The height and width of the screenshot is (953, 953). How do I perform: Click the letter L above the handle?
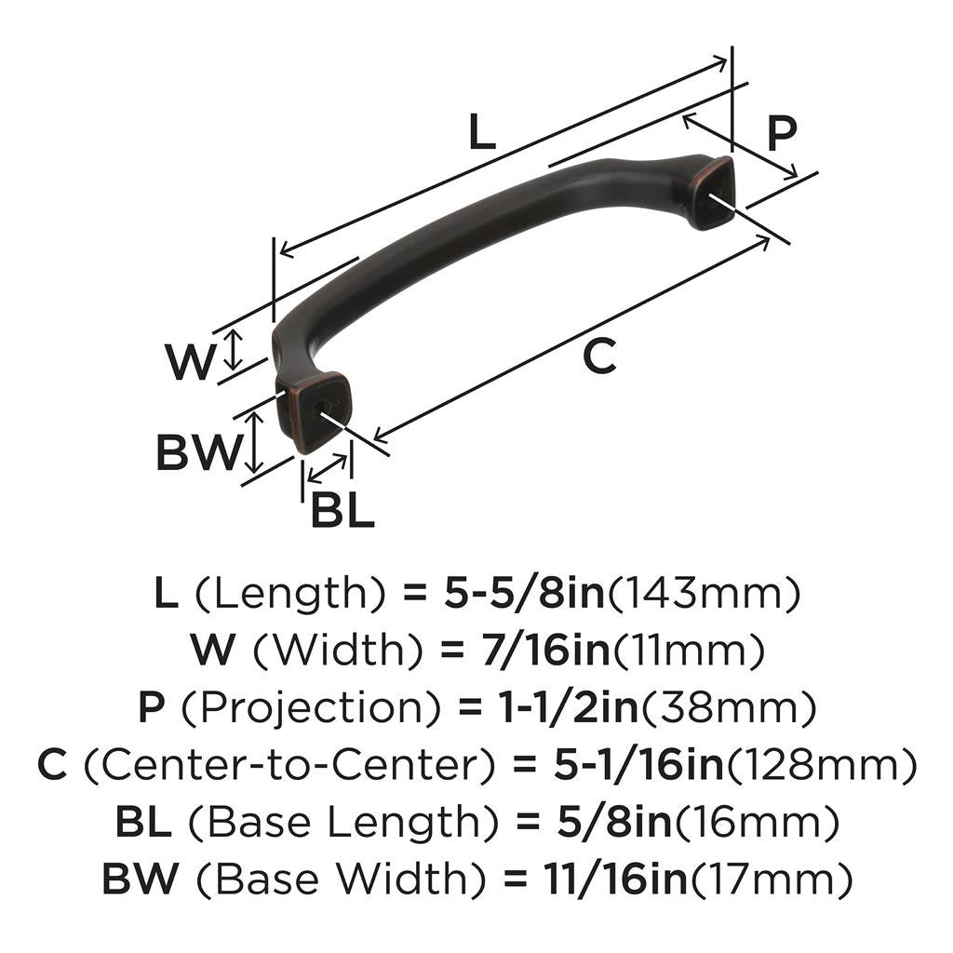[x=481, y=134]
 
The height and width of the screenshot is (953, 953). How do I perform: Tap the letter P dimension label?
[x=782, y=134]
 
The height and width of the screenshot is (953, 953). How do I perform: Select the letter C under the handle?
[x=600, y=356]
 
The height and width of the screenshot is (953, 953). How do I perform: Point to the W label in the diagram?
[x=190, y=362]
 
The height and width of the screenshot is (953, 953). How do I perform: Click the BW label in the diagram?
[x=198, y=453]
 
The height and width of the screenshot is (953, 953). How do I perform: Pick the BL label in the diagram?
[x=342, y=510]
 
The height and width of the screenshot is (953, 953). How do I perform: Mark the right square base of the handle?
[x=711, y=193]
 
